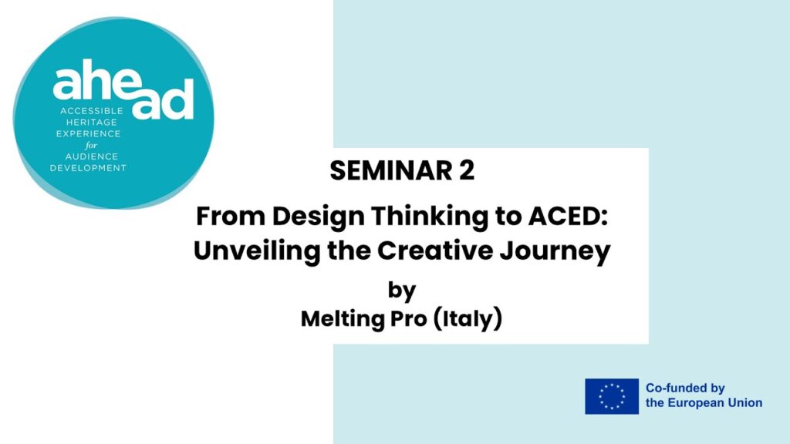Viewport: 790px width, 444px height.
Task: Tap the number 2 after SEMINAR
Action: [x=467, y=170]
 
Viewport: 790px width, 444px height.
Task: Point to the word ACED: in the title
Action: [x=568, y=216]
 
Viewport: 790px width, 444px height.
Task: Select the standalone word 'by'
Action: [x=401, y=291]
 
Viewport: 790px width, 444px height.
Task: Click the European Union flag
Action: [x=612, y=396]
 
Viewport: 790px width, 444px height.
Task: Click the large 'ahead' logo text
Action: [x=123, y=89]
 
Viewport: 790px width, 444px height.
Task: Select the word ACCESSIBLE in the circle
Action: [x=92, y=111]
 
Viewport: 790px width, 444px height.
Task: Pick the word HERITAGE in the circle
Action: [x=92, y=123]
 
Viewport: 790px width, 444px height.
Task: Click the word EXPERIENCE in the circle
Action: [x=88, y=134]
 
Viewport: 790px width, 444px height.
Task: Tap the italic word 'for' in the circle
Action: [x=91, y=145]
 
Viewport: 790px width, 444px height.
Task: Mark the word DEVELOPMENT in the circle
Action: [x=88, y=168]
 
